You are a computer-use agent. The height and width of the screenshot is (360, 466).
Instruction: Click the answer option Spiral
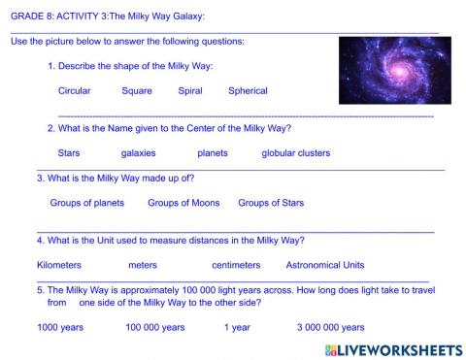190,91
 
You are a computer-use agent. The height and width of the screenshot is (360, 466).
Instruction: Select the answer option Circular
75,91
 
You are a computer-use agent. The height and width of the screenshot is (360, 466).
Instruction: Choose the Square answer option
137,91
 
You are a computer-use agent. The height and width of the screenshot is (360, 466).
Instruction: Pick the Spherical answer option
248,91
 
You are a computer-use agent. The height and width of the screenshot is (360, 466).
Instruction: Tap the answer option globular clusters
295,153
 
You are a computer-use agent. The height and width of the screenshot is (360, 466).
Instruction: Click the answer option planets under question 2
213,153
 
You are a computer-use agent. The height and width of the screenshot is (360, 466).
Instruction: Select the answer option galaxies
138,153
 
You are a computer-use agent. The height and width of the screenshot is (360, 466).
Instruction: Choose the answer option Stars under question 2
69,153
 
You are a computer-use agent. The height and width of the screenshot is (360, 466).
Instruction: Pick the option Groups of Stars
271,203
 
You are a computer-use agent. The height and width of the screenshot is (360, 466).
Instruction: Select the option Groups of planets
87,203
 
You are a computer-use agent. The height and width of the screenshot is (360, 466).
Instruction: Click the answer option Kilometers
59,265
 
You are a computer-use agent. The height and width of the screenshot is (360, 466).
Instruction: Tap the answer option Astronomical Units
325,265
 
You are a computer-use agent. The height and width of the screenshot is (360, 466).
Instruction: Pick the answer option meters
143,265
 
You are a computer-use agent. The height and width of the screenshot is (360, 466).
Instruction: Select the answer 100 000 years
155,327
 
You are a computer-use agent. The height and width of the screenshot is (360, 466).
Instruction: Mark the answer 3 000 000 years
331,327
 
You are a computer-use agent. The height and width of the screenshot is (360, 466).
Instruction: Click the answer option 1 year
237,327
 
